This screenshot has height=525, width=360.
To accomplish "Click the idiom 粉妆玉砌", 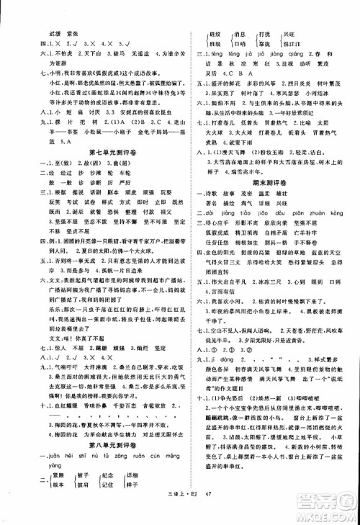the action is tap(243, 172).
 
